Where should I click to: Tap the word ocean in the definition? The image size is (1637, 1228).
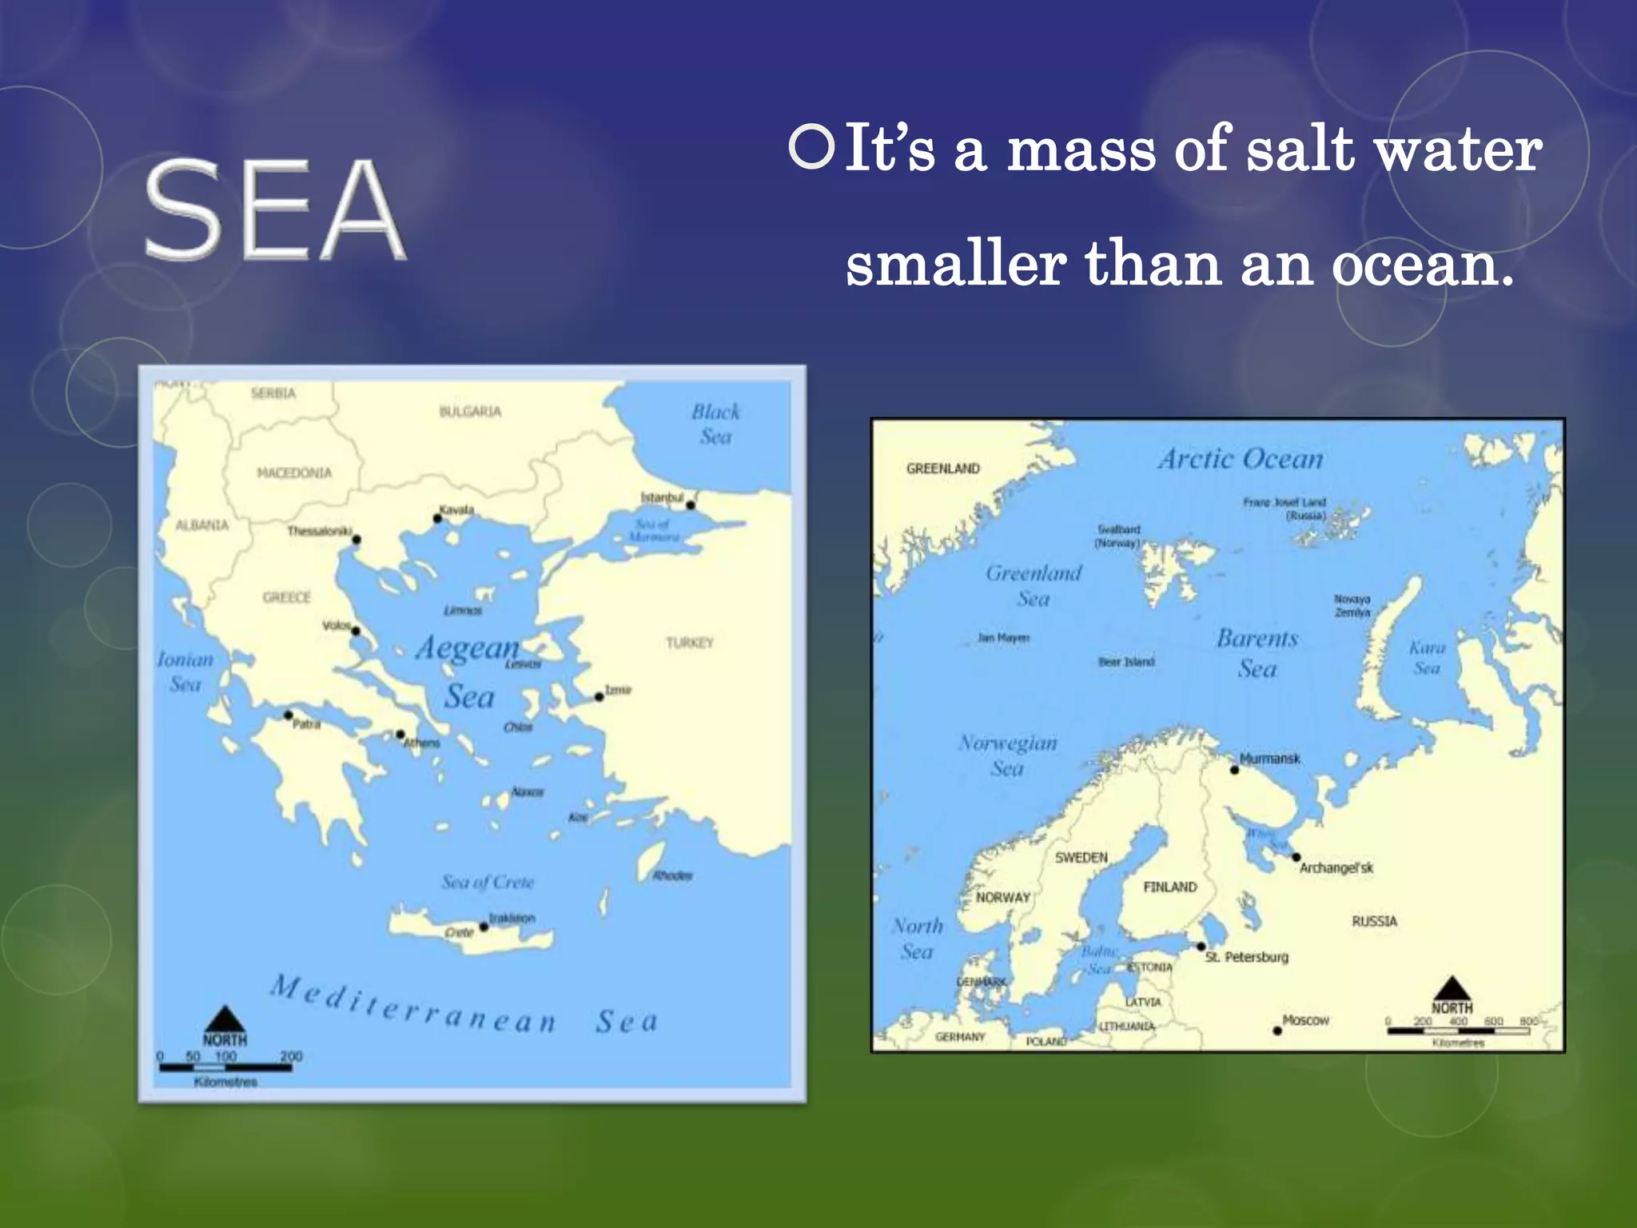(1421, 265)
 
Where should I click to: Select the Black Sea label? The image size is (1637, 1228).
(715, 424)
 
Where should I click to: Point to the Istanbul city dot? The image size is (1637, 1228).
(691, 505)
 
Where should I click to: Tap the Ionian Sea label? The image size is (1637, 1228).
(185, 672)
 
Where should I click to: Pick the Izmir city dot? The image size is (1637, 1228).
(599, 696)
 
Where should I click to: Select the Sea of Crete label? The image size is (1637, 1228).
(488, 882)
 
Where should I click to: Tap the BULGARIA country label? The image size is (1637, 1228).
(470, 412)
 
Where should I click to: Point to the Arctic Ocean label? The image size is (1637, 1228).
(1241, 459)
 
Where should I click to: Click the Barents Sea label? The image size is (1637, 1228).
(1257, 653)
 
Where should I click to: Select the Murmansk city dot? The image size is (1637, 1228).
(1235, 770)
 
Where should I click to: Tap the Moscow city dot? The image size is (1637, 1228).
(1277, 1031)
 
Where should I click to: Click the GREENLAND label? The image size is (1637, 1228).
(943, 468)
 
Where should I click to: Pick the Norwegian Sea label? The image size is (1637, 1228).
(1008, 756)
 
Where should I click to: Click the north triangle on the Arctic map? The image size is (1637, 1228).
(1452, 988)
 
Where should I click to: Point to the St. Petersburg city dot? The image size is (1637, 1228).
(1201, 947)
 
